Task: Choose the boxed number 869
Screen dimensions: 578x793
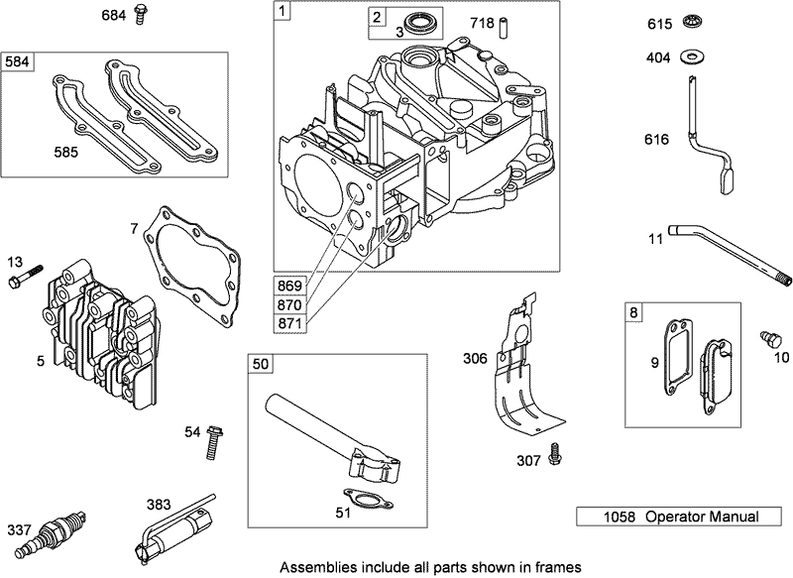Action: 292,286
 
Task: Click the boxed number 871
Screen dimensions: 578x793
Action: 292,322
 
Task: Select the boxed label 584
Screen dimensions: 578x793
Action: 17,61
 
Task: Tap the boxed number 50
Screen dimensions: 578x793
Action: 261,364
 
